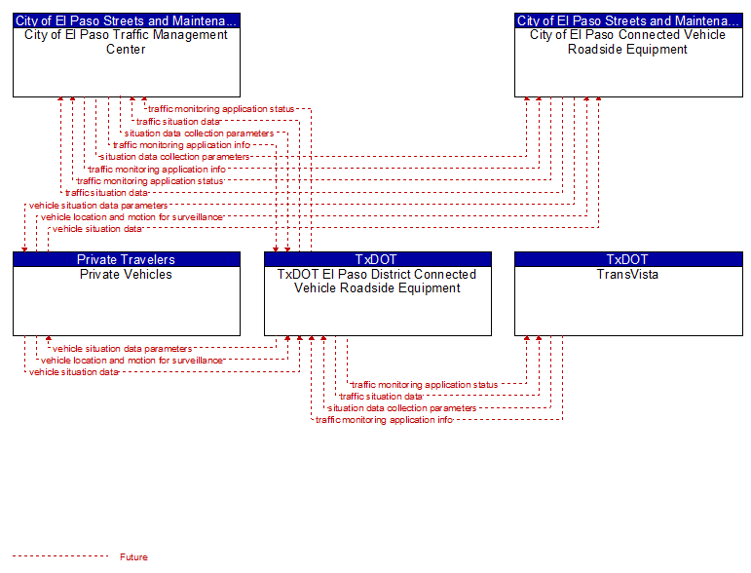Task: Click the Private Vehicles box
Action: [x=127, y=293]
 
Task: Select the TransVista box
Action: [x=628, y=293]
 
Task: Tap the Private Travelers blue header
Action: [x=127, y=259]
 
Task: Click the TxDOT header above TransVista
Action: [x=628, y=259]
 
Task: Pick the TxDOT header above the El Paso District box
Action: [x=378, y=259]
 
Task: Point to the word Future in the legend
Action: [x=133, y=557]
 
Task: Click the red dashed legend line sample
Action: [x=60, y=556]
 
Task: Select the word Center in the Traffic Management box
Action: [x=126, y=50]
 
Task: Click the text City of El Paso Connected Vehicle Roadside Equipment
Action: [x=628, y=42]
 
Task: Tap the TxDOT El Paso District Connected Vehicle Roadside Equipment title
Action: [x=377, y=282]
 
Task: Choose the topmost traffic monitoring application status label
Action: [x=221, y=109]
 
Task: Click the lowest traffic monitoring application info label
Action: [x=384, y=420]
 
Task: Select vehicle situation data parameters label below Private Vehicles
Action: [x=122, y=349]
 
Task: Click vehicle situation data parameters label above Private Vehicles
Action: [x=98, y=206]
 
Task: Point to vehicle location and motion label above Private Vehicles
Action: [x=131, y=217]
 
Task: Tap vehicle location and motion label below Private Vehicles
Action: [x=131, y=361]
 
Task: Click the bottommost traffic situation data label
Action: [x=381, y=397]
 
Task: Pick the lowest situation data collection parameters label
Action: [x=402, y=408]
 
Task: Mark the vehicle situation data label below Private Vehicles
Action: [x=74, y=372]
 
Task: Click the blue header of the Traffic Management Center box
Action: [x=127, y=20]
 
